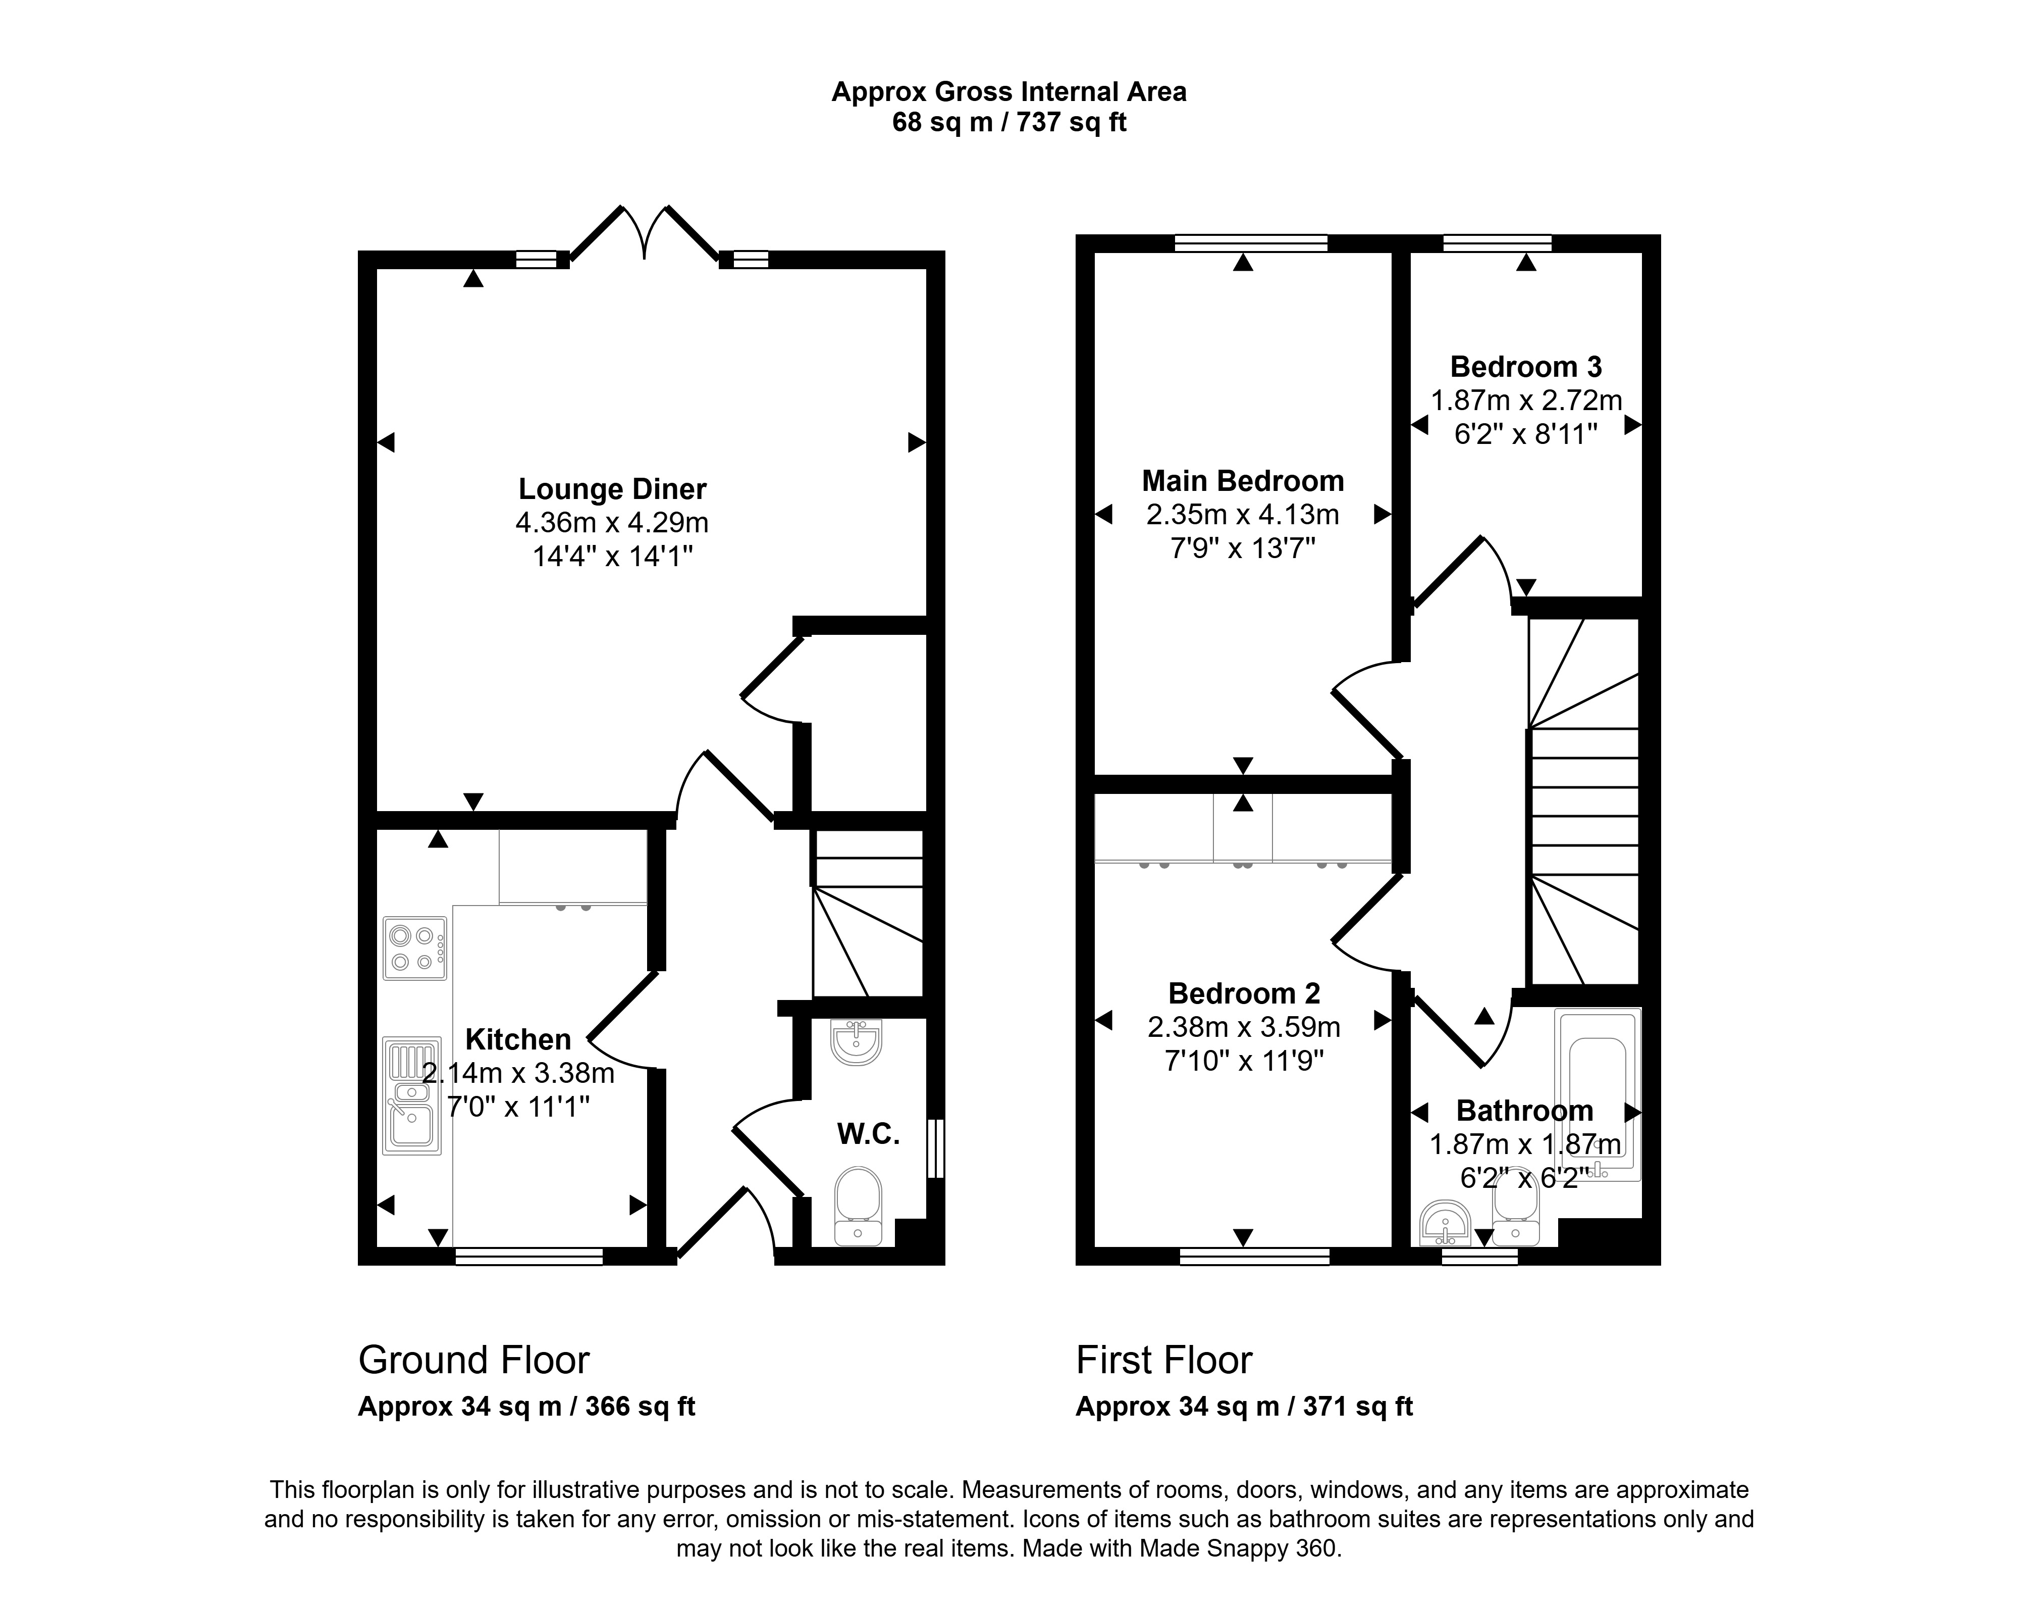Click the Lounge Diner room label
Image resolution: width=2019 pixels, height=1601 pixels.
[612, 489]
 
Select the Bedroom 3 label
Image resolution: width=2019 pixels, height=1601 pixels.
[1526, 366]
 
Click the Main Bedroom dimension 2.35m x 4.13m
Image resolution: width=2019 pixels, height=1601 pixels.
[1243, 514]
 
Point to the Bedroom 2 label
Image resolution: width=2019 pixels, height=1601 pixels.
[1245, 993]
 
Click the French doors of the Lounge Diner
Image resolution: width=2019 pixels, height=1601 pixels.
[644, 232]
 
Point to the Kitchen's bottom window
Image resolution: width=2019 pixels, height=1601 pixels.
[529, 1256]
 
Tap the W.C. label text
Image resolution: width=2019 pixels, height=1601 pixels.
[868, 1134]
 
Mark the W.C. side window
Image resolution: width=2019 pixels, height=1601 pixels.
[935, 1147]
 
